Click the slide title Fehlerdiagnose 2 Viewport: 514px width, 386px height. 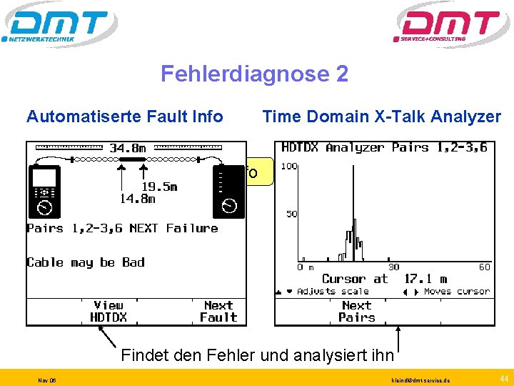pos(254,74)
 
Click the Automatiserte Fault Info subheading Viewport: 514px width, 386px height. pos(124,117)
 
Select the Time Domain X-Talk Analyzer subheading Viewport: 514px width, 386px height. pos(381,117)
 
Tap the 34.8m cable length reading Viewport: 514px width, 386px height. pos(128,149)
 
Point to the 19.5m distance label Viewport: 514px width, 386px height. pos(158,187)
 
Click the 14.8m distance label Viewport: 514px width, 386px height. pos(136,199)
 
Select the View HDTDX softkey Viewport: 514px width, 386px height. pos(109,311)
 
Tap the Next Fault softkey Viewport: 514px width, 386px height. pos(218,311)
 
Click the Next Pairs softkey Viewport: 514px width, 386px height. pos(356,311)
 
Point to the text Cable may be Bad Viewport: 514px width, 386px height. pos(86,262)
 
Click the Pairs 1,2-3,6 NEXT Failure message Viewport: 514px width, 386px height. pos(122,229)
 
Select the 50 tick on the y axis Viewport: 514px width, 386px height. pos(291,214)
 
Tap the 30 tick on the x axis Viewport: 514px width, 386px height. pos(393,267)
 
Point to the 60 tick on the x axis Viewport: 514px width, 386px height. pos(484,267)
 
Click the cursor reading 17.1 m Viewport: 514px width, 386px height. pos(425,279)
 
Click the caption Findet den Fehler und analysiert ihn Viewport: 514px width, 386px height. pos(257,354)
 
